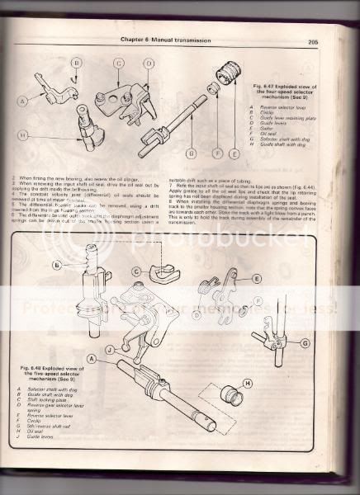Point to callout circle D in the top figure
(x=149, y=64)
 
